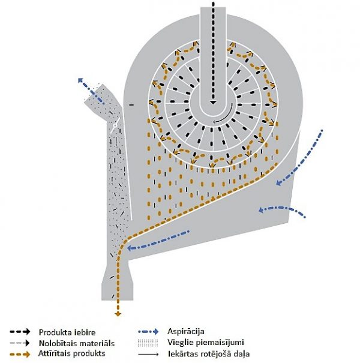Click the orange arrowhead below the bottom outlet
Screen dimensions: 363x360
tap(118, 313)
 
